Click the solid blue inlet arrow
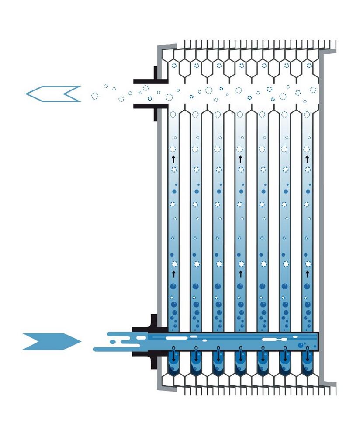click(x=50, y=341)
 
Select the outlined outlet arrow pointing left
click(x=52, y=94)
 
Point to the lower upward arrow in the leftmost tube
click(x=173, y=274)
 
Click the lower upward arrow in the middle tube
click(x=240, y=274)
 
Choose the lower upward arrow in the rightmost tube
click(x=307, y=274)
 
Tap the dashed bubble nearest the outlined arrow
click(x=95, y=95)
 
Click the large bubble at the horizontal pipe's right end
click(x=301, y=346)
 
